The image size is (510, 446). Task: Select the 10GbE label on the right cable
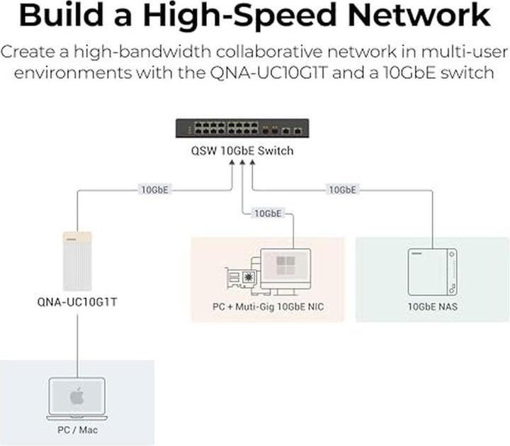click(x=342, y=190)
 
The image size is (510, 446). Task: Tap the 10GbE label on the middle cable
click(x=268, y=213)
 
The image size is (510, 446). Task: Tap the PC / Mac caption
click(x=76, y=430)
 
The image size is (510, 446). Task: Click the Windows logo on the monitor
click(x=285, y=265)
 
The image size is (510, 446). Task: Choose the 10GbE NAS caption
click(x=431, y=307)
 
